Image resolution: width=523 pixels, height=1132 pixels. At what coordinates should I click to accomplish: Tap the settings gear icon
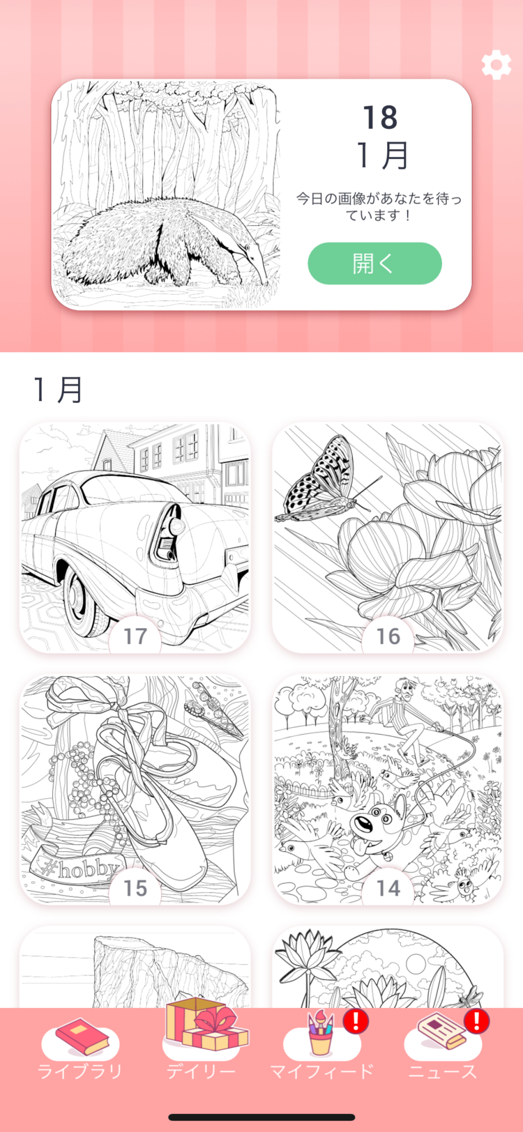496,65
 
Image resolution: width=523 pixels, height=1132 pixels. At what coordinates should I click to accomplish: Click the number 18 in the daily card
380,118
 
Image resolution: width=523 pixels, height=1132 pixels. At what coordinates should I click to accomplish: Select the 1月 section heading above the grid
59,389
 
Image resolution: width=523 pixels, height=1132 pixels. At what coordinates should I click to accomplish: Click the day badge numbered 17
135,636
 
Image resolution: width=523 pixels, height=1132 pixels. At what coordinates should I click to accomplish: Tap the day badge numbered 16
388,636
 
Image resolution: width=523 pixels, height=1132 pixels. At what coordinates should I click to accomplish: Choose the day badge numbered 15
135,887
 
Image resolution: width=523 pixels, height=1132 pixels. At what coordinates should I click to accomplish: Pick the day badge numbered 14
388,887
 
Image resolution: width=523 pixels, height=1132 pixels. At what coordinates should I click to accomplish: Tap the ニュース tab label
443,1071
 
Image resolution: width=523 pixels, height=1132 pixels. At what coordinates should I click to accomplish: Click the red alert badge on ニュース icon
478,1021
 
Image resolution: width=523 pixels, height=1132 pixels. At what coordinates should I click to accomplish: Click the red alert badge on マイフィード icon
356,1021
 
